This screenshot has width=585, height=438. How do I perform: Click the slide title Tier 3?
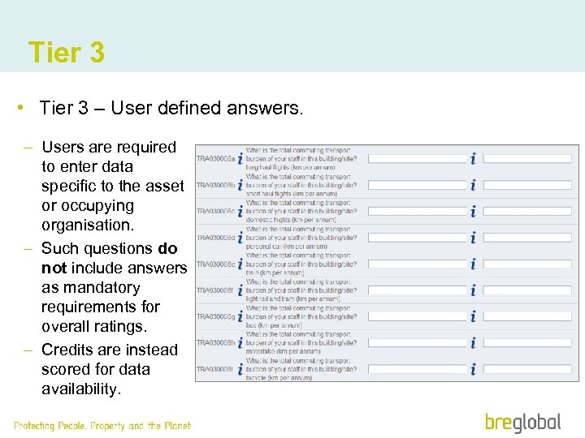[66, 53]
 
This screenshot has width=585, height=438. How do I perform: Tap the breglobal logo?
[522, 422]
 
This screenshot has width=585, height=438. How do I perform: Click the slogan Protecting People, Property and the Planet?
[102, 425]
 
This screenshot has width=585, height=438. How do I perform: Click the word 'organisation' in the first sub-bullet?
[86, 225]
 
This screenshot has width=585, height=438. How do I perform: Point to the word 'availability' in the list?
[80, 389]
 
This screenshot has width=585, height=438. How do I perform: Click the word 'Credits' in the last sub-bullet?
[69, 350]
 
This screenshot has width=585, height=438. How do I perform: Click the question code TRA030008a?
[215, 159]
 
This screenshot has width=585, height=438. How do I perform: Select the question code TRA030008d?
[215, 238]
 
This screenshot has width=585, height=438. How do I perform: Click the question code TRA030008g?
[215, 316]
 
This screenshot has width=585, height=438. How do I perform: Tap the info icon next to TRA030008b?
[240, 186]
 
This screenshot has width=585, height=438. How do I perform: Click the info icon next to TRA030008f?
[240, 290]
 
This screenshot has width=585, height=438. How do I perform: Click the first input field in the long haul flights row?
[415, 159]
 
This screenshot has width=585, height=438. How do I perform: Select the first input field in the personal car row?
[415, 238]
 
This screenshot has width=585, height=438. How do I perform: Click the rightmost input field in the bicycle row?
[527, 369]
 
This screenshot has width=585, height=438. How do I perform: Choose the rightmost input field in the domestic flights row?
[527, 212]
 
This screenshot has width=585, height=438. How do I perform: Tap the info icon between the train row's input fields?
[473, 264]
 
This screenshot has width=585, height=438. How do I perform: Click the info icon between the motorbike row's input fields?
[473, 343]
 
